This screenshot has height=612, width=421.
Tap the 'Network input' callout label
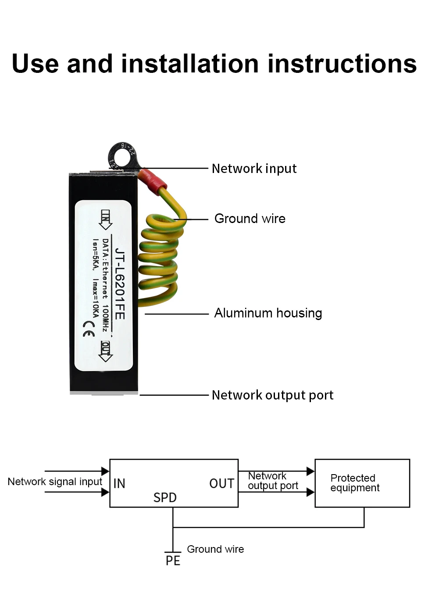click(254, 169)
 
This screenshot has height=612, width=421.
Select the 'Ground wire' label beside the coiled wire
click(250, 219)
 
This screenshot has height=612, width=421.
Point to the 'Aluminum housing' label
click(268, 313)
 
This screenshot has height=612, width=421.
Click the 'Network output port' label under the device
click(272, 395)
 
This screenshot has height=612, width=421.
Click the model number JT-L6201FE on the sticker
click(119, 284)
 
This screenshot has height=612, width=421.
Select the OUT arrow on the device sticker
click(106, 351)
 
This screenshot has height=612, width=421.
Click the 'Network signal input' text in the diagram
click(55, 482)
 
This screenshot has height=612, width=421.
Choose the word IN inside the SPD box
click(119, 483)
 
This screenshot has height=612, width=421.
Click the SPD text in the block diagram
click(165, 497)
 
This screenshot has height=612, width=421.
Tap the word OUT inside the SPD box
click(221, 483)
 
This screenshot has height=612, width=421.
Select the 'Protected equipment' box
click(362, 483)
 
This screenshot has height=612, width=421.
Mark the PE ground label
click(173, 561)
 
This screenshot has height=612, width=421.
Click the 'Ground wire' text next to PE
click(215, 549)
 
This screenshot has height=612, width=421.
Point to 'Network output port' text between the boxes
click(273, 481)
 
